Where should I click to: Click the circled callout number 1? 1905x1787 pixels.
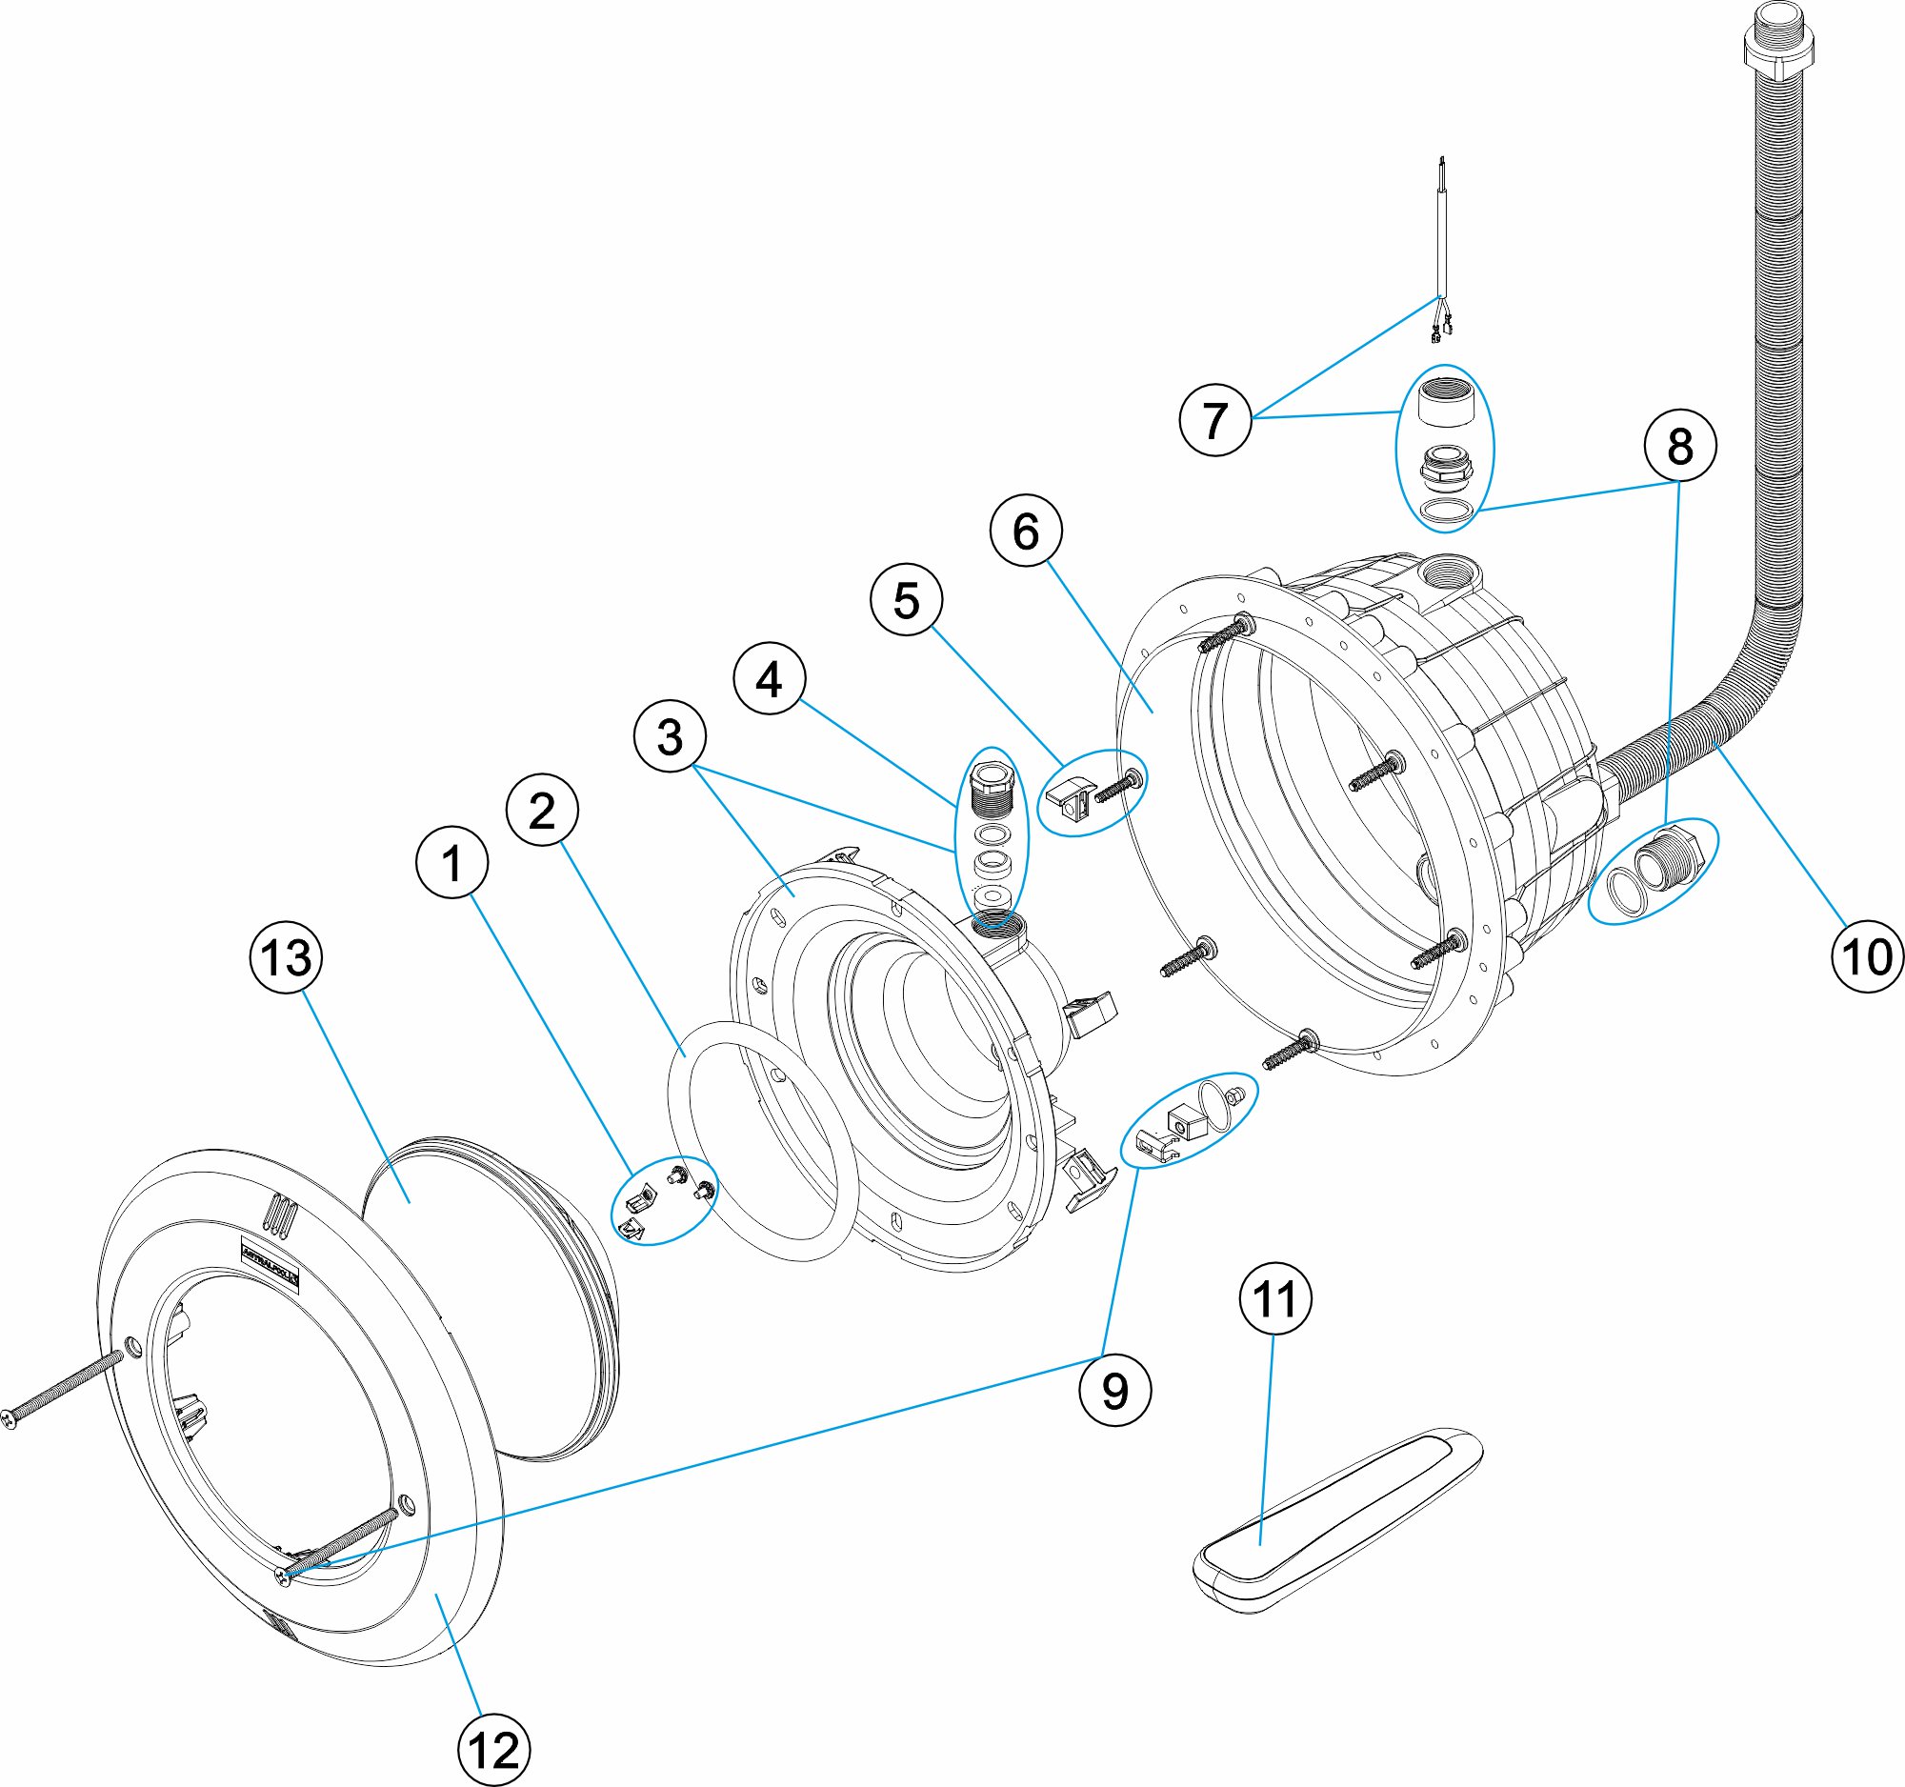[x=452, y=862]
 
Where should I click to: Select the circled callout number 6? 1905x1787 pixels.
[x=1025, y=531]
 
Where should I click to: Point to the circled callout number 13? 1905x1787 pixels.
[x=286, y=957]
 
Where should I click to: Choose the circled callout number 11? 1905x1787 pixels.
[x=1275, y=1299]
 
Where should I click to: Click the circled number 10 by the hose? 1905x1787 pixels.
[x=1868, y=956]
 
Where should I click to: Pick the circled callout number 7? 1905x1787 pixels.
[x=1215, y=420]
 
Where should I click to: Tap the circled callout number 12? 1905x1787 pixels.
[x=493, y=1750]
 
